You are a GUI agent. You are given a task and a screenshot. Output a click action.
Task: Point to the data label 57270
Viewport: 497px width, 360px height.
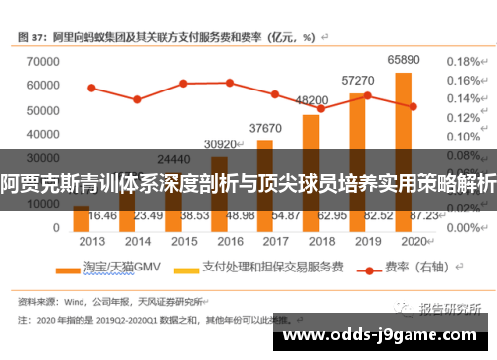[357, 80]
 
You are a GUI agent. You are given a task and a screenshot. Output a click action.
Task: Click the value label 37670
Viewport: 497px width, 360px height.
[265, 128]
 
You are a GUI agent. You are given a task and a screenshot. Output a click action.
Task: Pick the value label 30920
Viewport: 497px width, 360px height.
[220, 144]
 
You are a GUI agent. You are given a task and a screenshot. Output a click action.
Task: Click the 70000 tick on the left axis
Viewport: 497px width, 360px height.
[39, 61]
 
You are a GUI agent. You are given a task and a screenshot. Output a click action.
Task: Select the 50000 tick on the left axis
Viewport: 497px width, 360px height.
[39, 108]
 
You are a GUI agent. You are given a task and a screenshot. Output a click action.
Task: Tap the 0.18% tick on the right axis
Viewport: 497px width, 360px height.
[462, 61]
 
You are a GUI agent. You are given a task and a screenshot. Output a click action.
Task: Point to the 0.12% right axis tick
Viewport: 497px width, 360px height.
[462, 117]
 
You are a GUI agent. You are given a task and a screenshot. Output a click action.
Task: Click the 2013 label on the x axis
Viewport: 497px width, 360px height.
[92, 241]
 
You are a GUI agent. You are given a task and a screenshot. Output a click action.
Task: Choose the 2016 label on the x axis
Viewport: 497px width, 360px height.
[230, 241]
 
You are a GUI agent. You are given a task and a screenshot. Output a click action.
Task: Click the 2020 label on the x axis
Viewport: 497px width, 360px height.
[413, 241]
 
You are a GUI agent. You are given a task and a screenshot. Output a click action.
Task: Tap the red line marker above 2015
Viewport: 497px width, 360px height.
[183, 84]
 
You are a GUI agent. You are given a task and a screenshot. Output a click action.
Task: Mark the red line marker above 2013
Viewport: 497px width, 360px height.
[91, 88]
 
